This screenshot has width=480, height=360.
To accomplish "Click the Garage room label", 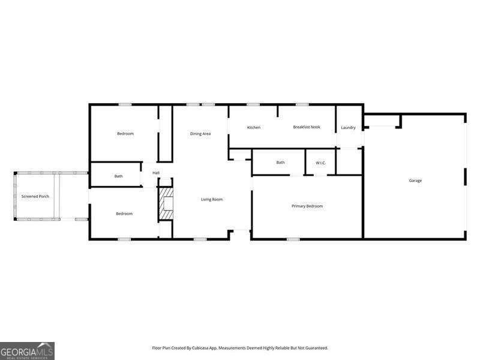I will click(415, 181).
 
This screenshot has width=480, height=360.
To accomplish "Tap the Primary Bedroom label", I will click(307, 206).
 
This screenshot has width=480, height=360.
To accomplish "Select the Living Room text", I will click(212, 199).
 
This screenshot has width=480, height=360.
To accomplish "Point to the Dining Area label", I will click(200, 134).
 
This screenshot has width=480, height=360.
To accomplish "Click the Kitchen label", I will click(254, 127).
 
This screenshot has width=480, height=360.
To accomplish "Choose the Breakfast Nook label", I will click(307, 127).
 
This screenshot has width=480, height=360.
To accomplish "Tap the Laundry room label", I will click(348, 127).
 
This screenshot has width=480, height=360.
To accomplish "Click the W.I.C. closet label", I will click(320, 163).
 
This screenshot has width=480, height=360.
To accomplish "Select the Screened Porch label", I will click(35, 196).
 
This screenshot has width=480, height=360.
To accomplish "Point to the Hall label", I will click(156, 173).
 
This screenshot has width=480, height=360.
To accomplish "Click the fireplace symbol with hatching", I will click(166, 205).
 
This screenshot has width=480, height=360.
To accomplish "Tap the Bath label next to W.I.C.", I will click(280, 163).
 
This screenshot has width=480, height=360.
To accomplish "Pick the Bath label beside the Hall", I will click(119, 176).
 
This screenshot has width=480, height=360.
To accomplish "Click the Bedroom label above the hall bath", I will click(125, 134).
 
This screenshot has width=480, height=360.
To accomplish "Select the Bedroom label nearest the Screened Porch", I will click(124, 214).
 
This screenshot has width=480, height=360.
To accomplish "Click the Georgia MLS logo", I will click(28, 350).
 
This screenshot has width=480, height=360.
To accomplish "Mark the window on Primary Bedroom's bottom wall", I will click(293, 239).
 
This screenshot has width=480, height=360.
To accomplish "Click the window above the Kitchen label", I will click(253, 105).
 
